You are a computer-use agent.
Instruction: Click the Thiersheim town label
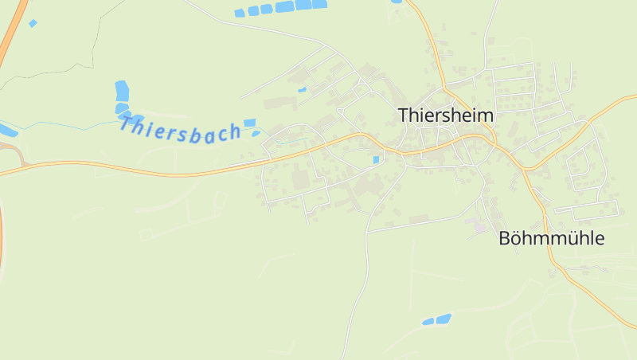446,115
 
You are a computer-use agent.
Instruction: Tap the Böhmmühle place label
552,238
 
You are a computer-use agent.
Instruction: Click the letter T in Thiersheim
403,115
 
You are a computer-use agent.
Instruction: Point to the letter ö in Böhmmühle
515,238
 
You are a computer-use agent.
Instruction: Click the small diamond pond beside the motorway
33,23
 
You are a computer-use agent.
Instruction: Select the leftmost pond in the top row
240,13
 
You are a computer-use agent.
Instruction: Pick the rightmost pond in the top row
319,4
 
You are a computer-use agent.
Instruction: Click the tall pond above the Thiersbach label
122,91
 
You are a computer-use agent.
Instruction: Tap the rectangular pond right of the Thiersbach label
250,123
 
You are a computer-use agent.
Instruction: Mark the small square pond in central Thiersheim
376,160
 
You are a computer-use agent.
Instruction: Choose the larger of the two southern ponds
443,319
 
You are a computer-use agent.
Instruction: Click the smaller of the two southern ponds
428,322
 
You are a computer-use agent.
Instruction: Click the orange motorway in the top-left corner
11,32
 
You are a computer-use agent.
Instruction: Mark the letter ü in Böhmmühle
569,238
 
